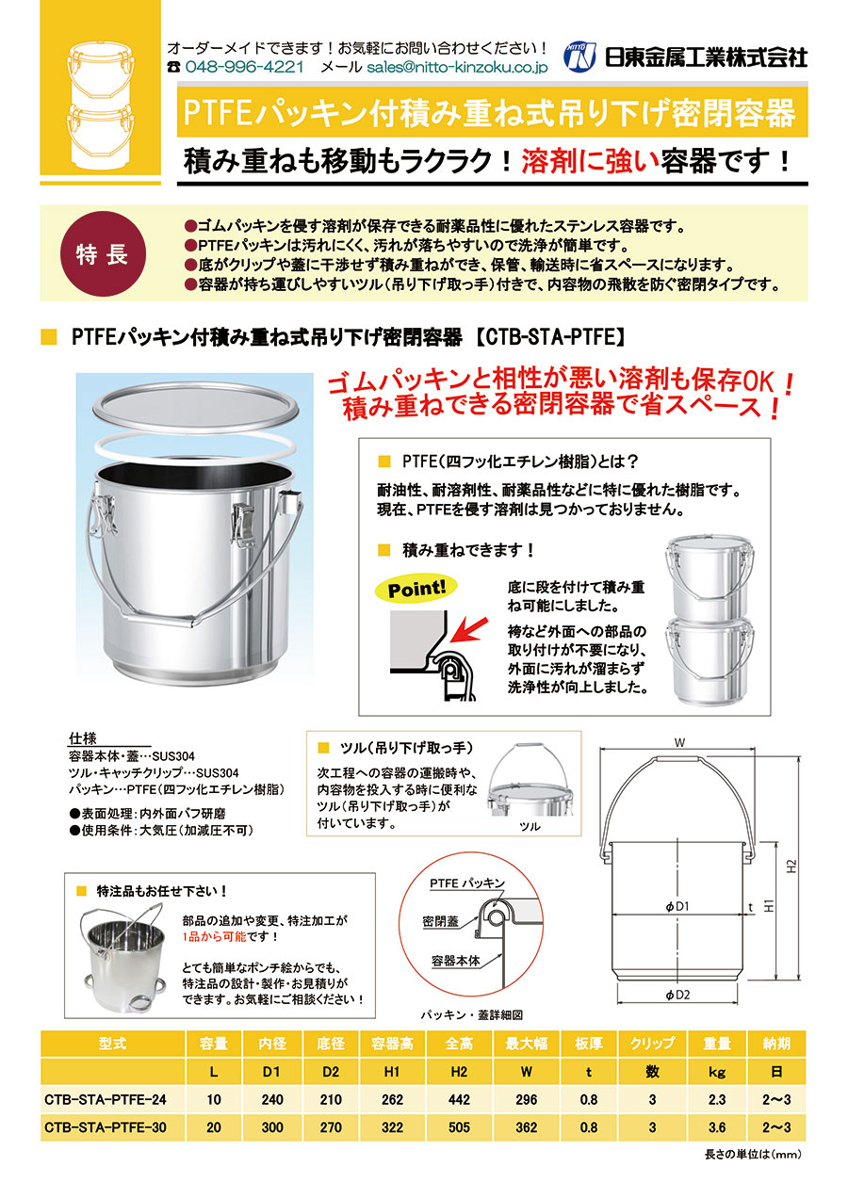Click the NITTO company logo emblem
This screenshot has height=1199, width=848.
[580, 57]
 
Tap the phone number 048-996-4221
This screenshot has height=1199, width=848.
[244, 67]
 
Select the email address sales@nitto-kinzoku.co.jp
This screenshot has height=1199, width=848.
[457, 67]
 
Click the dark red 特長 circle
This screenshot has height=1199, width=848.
[103, 253]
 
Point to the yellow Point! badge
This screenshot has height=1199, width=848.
[416, 589]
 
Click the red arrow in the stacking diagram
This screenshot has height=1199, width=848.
[468, 630]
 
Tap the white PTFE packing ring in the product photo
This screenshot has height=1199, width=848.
[194, 444]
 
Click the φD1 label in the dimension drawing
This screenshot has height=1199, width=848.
[677, 906]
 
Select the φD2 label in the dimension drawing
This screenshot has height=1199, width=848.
[677, 995]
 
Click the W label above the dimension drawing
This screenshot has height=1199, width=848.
[679, 742]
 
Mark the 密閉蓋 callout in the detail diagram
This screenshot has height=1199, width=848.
[441, 921]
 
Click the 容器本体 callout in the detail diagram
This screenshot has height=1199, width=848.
[456, 961]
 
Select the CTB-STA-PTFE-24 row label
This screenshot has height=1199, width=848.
[106, 1099]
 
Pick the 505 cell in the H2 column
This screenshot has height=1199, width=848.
[459, 1127]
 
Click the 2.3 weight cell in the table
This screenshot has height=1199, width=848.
[717, 1099]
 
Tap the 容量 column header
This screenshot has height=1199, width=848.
[214, 1044]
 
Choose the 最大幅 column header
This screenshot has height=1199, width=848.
[527, 1044]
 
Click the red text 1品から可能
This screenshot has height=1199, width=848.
[214, 936]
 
